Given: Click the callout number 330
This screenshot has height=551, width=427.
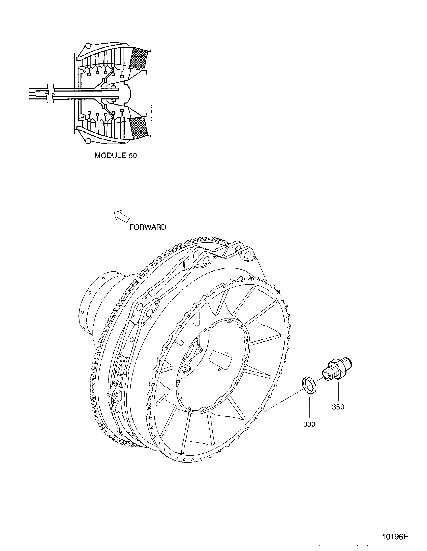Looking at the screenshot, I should click(309, 424).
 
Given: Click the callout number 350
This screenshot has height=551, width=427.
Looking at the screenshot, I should click(338, 407).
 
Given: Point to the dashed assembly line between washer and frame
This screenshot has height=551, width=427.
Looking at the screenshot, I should click(283, 401).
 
